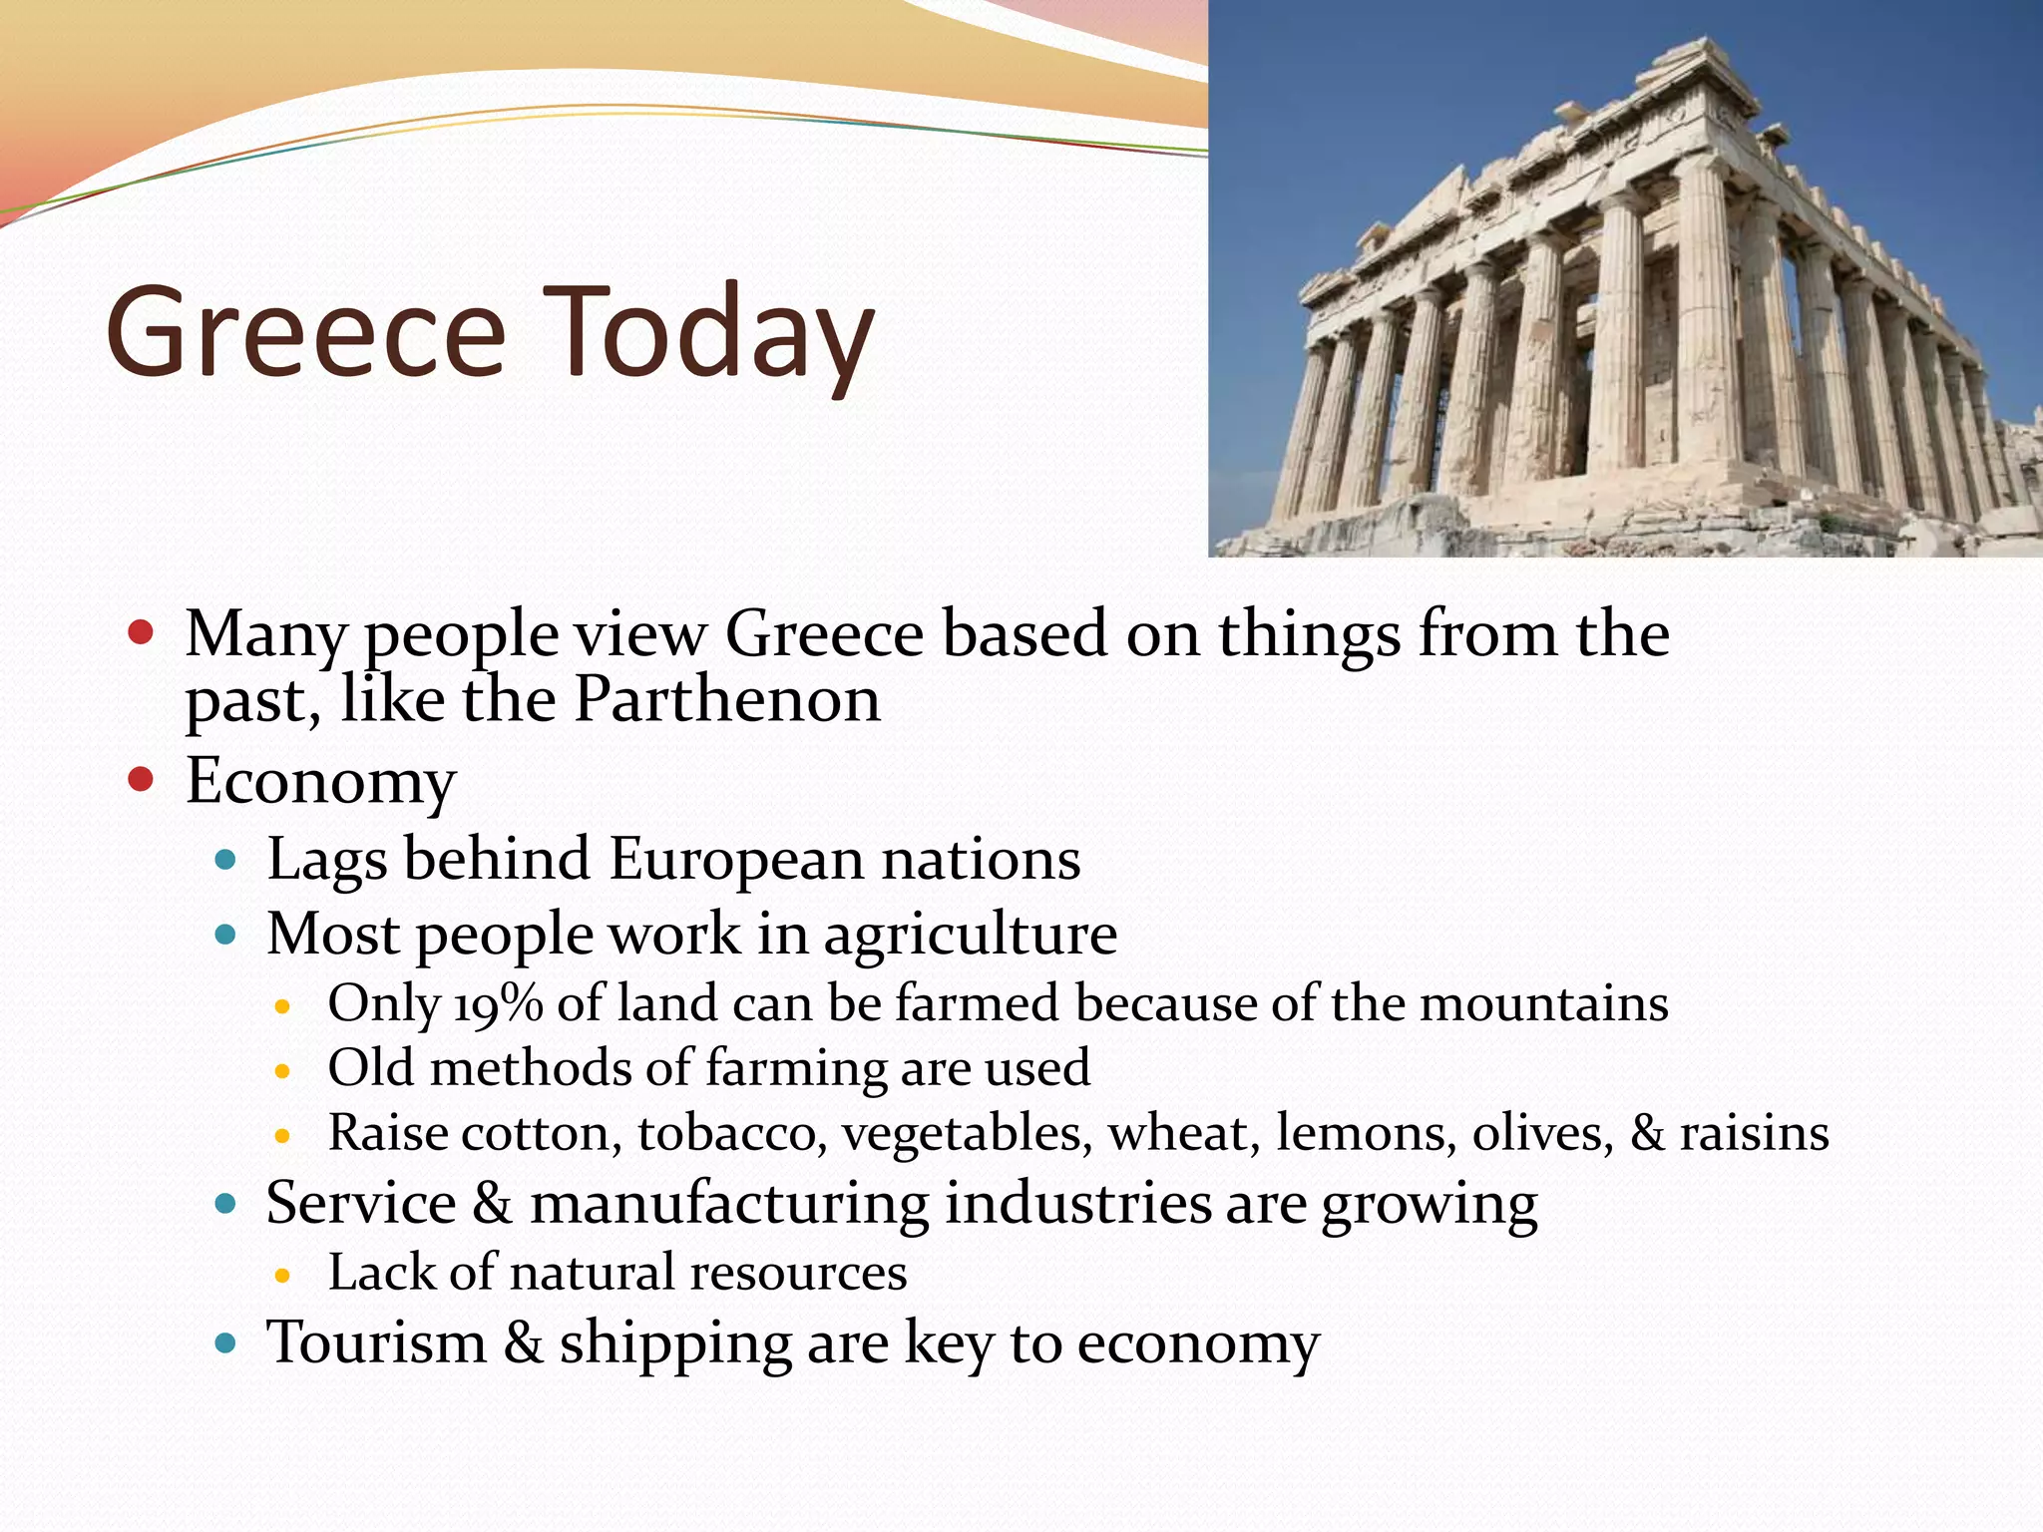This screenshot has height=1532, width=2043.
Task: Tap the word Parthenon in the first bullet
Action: [727, 699]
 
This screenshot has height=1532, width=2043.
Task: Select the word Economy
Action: [320, 781]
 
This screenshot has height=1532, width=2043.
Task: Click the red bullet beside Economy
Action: [141, 779]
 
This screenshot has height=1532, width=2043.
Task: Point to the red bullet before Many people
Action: [141, 632]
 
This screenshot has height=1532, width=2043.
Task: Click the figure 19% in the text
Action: [498, 1003]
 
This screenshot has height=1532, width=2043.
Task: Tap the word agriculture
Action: [970, 936]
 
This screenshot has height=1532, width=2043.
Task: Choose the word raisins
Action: [1754, 1133]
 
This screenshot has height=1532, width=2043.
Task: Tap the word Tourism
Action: [376, 1342]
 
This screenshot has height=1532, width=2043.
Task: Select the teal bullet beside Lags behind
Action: [225, 859]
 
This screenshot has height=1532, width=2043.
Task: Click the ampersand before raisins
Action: [1647, 1133]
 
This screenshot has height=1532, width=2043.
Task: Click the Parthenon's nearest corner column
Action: [1708, 329]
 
